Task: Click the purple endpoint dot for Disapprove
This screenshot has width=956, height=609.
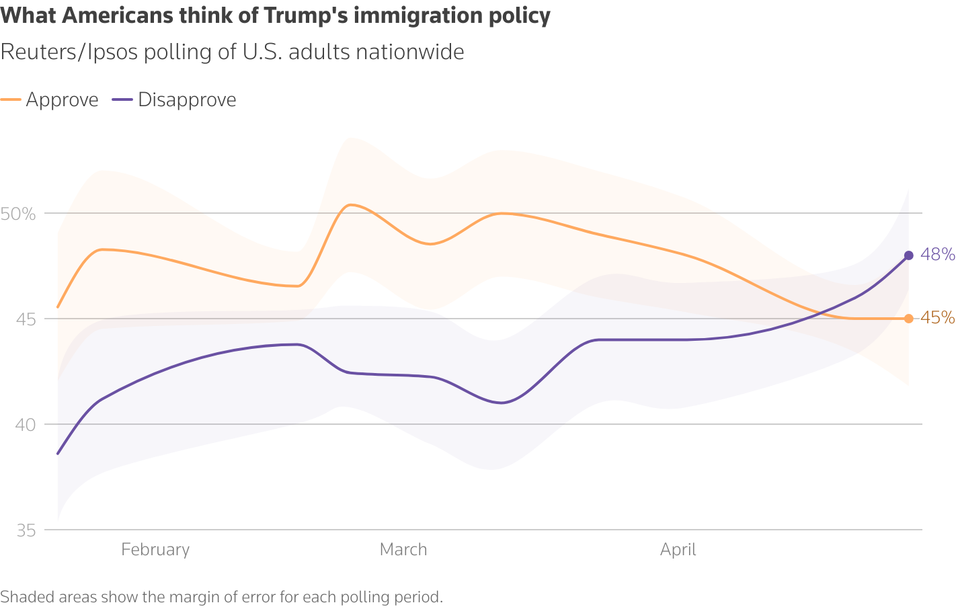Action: pos(908,255)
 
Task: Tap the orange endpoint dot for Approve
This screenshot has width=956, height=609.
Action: pos(908,319)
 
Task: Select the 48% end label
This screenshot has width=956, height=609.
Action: pos(938,255)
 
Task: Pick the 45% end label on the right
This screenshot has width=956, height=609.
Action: pos(938,317)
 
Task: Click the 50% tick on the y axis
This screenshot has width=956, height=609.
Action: pos(18,214)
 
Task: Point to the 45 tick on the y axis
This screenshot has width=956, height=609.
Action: pos(25,319)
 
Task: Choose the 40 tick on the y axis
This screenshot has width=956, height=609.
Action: pos(25,425)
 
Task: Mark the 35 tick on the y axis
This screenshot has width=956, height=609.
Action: pos(25,530)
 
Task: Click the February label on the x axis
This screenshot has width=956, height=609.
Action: pos(155,550)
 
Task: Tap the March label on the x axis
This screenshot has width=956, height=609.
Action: pos(403,550)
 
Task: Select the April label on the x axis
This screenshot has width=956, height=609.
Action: pos(678,550)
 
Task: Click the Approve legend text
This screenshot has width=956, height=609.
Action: pos(62,100)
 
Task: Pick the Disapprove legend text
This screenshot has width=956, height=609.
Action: pos(187,100)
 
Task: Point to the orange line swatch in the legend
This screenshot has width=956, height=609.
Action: pos(11,100)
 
